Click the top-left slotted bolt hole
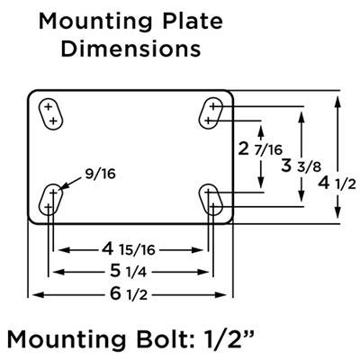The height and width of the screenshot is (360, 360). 50,113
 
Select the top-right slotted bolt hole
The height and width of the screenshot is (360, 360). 212,112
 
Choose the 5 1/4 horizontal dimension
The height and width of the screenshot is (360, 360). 130,269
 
